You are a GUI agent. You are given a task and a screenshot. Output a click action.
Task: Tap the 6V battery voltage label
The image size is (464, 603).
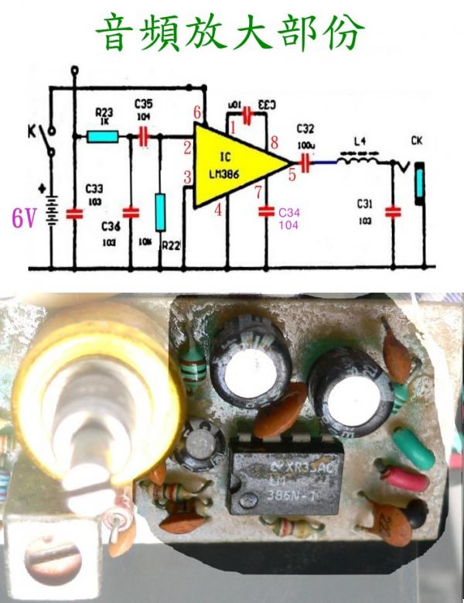(23, 219)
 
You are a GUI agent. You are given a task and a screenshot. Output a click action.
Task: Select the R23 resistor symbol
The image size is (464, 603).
(103, 137)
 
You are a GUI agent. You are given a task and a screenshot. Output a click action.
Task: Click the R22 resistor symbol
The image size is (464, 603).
(160, 213)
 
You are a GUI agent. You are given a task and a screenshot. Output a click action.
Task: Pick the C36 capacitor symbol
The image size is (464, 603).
(131, 211)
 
